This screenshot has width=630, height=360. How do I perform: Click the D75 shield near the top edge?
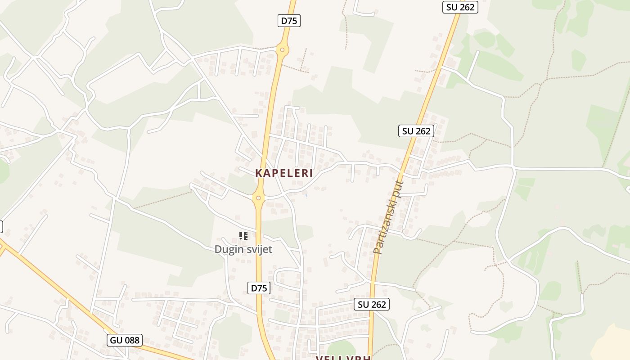[290, 21]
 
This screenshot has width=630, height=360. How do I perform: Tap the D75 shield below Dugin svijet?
[259, 288]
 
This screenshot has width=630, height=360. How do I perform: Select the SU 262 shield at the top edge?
[460, 7]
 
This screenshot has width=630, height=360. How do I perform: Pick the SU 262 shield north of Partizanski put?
[416, 131]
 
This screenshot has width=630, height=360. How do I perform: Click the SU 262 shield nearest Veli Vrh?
[371, 304]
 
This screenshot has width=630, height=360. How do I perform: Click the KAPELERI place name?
[284, 173]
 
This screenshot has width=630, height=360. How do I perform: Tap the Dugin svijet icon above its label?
[243, 235]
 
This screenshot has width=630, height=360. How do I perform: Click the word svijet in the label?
[258, 249]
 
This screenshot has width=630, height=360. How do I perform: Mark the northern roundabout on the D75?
[282, 49]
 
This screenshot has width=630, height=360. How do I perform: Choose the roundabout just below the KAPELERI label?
[258, 198]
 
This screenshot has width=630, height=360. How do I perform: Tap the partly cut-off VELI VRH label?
[343, 358]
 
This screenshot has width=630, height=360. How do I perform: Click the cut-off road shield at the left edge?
[1, 227]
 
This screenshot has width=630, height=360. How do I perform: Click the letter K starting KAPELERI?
[259, 173]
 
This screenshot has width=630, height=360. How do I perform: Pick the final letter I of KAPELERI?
[310, 173]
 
